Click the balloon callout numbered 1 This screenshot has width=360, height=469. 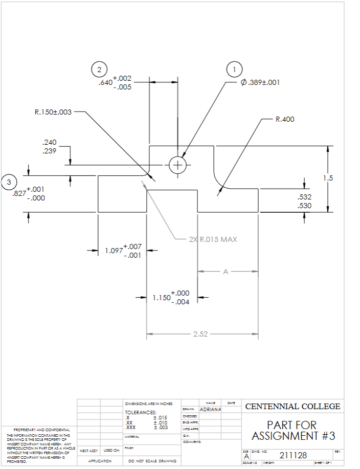pyautogui.click(x=235, y=69)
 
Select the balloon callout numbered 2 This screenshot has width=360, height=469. pyautogui.click(x=99, y=69)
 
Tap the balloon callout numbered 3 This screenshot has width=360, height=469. pyautogui.click(x=9, y=182)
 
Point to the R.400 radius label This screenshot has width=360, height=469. pyautogui.click(x=285, y=119)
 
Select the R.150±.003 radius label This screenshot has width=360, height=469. pyautogui.click(x=53, y=112)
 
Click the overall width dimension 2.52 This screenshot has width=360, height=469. pyautogui.click(x=201, y=334)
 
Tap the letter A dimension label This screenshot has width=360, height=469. pyautogui.click(x=225, y=271)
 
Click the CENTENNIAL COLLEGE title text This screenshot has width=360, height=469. pyautogui.click(x=292, y=407)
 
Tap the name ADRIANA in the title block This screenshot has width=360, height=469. pyautogui.click(x=210, y=410)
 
